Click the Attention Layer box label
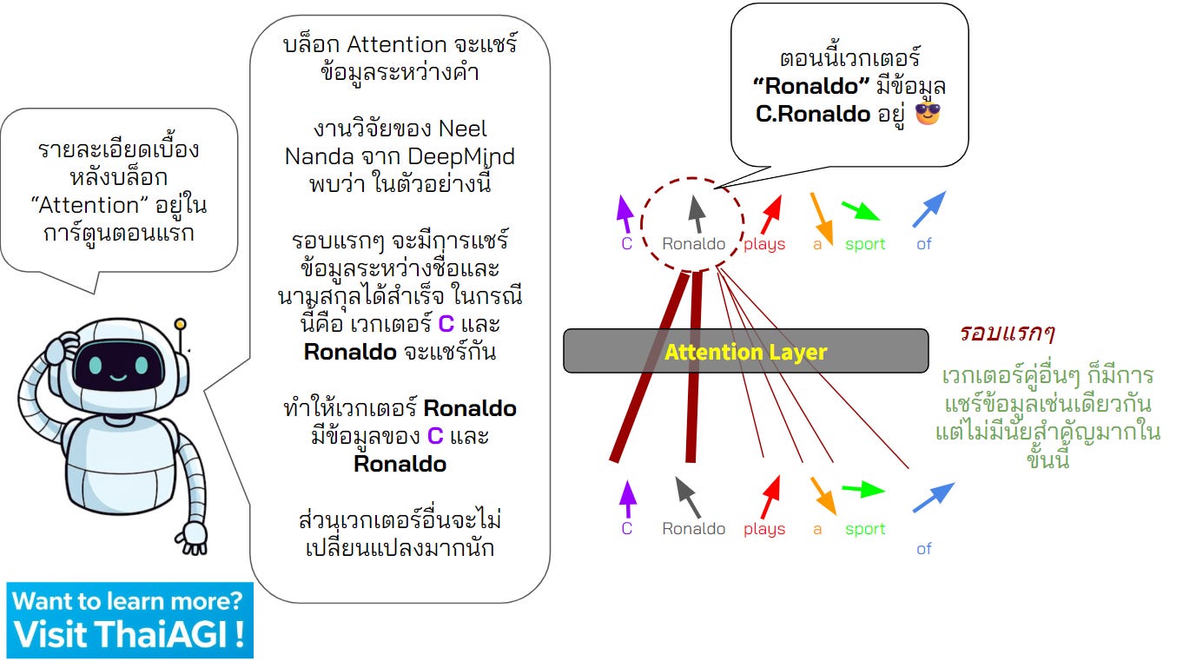pyautogui.click(x=745, y=352)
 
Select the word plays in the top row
pyautogui.click(x=764, y=244)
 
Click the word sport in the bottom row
pyautogui.click(x=865, y=529)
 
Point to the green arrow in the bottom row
pyautogui.click(x=863, y=490)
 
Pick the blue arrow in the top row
pyautogui.click(x=929, y=210)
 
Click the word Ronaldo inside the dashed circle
pyautogui.click(x=693, y=244)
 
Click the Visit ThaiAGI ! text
pyautogui.click(x=129, y=634)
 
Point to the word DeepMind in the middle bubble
pyautogui.click(x=461, y=157)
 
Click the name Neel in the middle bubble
pyautogui.click(x=463, y=129)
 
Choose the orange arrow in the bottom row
pyautogui.click(x=821, y=493)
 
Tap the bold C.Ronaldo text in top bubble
pyautogui.click(x=813, y=114)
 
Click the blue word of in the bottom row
pyautogui.click(x=924, y=548)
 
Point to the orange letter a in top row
pyautogui.click(x=817, y=244)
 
